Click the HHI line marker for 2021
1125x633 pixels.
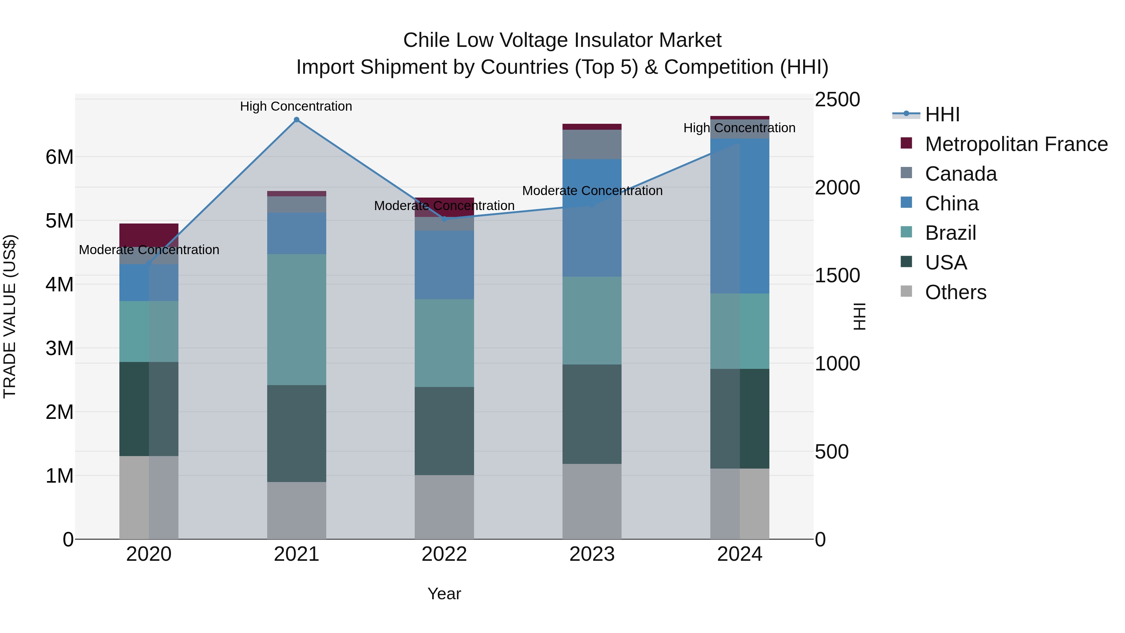pos(297,120)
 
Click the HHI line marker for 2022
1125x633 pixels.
pos(444,219)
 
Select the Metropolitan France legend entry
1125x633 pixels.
pos(1016,144)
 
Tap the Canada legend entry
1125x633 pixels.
pos(961,174)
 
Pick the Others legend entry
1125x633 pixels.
pos(956,292)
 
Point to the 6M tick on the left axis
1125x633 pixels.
pos(59,157)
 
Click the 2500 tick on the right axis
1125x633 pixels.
pos(837,100)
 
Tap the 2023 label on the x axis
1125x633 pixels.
pos(592,554)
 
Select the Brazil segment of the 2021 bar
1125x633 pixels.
pos(297,319)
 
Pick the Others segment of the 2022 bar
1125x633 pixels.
pos(444,507)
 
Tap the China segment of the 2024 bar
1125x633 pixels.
pos(739,216)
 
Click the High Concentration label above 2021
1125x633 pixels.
pos(296,106)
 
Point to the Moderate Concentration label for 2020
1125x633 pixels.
pos(149,250)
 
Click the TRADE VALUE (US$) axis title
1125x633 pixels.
pos(10,316)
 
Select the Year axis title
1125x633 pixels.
pos(444,594)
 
